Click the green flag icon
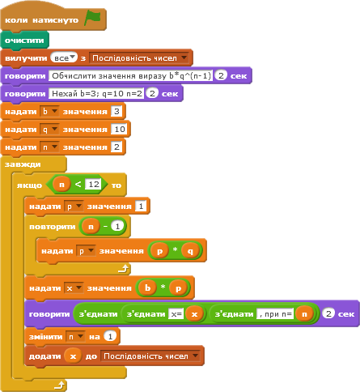coord(92,18)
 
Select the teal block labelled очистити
coord(24,40)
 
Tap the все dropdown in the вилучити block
coord(64,58)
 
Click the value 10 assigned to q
coord(120,129)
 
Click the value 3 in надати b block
coord(116,111)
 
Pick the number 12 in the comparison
coord(94,185)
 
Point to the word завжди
coord(23,164)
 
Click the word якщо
coord(29,185)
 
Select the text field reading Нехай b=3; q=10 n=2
coord(96,93)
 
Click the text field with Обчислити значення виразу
coord(131,75)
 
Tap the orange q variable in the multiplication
coord(190,251)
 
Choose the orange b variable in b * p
coord(147,288)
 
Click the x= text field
coord(176,314)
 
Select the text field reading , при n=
coord(275,314)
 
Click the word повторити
coord(53,227)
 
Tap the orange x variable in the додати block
coord(73,356)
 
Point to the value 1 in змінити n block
coord(110,336)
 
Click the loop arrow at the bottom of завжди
coord(60,386)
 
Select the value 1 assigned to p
coord(141,207)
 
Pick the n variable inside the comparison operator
coord(61,185)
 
